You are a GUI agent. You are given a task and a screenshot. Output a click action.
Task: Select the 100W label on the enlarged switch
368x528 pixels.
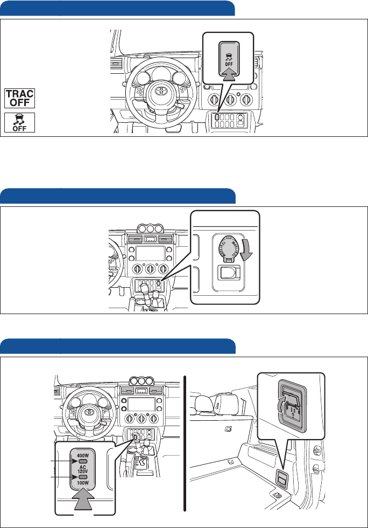coord(82,484)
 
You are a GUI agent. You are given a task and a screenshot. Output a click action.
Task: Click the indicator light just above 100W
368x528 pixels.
coord(82,477)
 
